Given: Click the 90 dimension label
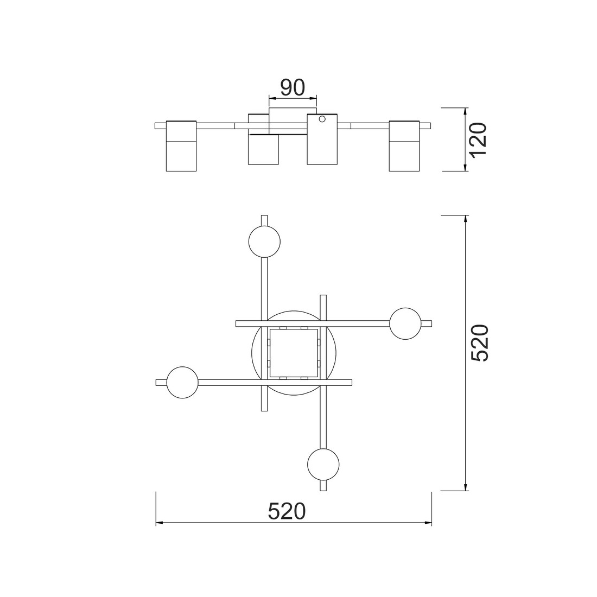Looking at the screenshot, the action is [x=293, y=87].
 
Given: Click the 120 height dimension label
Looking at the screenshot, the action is [x=478, y=139].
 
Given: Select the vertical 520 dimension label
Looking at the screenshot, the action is [x=480, y=343].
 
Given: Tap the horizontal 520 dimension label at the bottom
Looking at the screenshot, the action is [x=287, y=511].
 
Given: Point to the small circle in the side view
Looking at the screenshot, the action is [x=322, y=119].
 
